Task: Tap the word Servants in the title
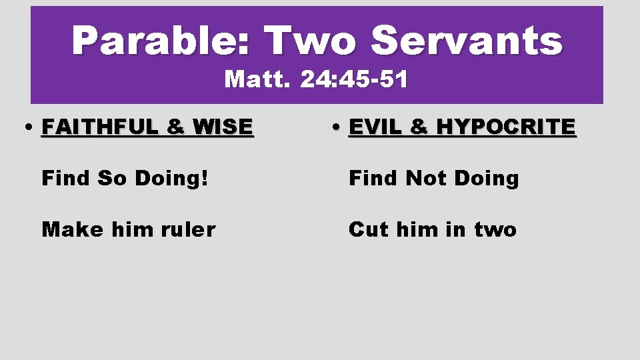coord(467,41)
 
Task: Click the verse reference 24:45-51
coord(354,80)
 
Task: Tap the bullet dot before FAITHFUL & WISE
coord(30,127)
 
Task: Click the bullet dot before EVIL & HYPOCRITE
coord(338,127)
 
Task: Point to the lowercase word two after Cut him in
coord(495,229)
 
